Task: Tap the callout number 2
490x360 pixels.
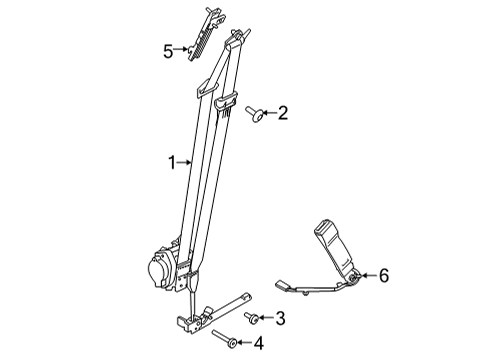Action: [x=283, y=114]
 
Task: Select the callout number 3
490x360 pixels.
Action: [x=281, y=319]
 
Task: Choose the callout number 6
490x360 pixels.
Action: [x=382, y=276]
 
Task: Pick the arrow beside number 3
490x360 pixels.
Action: [x=267, y=319]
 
